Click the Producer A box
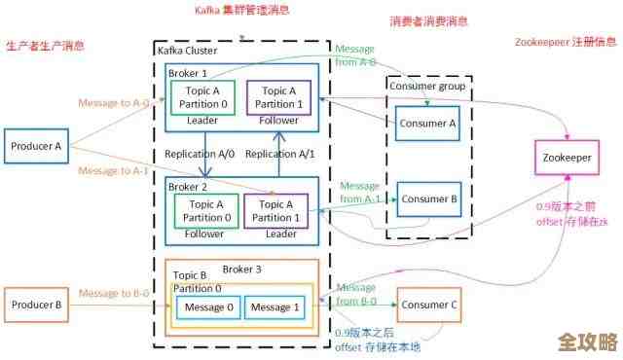coord(36,147)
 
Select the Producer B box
coord(36,306)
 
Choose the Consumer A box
coord(427,123)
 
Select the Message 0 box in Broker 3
coord(209,307)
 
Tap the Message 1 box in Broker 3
coord(273,307)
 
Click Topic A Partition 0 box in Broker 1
coord(203,97)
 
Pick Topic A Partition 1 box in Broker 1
coord(279,97)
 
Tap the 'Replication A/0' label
coord(201,154)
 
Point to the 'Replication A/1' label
coord(279,154)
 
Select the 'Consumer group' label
coord(427,86)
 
